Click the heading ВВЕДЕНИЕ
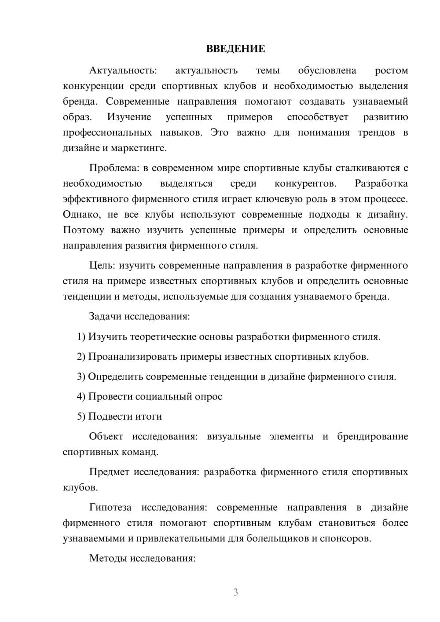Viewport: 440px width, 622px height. (235, 49)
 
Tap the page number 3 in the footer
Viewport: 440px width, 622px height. (235, 592)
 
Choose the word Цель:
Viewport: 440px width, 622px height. (102, 266)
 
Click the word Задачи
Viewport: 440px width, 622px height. (105, 317)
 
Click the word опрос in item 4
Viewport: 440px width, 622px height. (209, 397)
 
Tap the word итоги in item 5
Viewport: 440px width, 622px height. (147, 417)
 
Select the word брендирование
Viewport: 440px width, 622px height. (373, 437)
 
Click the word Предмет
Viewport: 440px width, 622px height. (109, 472)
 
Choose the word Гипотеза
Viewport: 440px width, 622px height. (110, 508)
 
